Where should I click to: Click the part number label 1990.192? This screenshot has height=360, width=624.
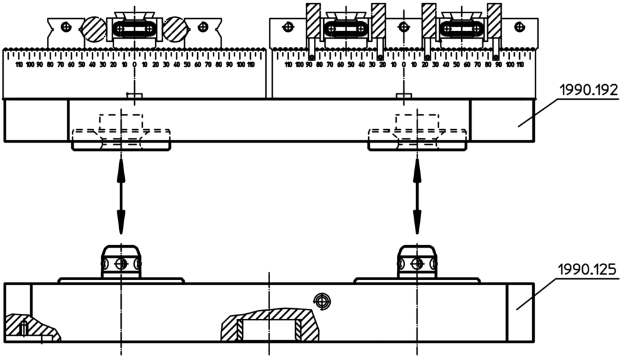pyautogui.click(x=588, y=90)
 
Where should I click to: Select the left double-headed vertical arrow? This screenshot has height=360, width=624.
pyautogui.click(x=120, y=195)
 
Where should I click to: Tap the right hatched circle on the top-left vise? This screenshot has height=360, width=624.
pyautogui.click(x=175, y=29)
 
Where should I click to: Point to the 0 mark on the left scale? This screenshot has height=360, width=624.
pyautogui.click(x=134, y=64)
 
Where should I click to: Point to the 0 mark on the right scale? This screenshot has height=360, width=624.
pyautogui.click(x=404, y=64)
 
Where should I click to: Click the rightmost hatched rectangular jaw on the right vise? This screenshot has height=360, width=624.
pyautogui.click(x=494, y=22)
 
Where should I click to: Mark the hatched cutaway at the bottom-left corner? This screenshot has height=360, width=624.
pyautogui.click(x=28, y=326)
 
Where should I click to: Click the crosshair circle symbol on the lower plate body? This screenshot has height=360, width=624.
pyautogui.click(x=322, y=300)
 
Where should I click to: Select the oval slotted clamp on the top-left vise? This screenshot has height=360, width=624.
pyautogui.click(x=135, y=29)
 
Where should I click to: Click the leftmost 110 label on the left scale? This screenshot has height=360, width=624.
pyautogui.click(x=19, y=64)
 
